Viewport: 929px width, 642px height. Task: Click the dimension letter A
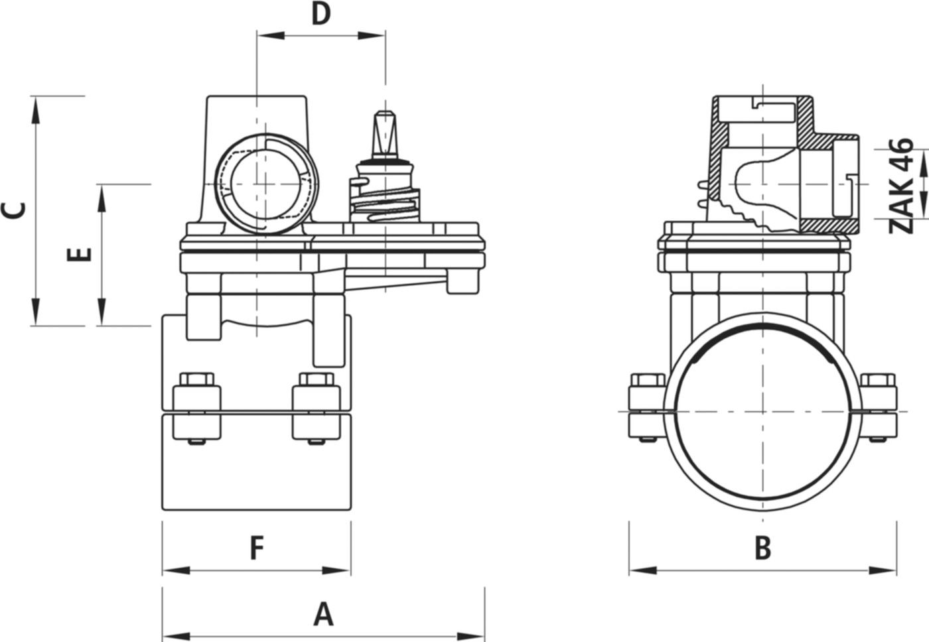click(323, 614)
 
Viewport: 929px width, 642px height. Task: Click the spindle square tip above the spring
click(384, 129)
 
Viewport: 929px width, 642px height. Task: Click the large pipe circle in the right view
click(763, 411)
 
